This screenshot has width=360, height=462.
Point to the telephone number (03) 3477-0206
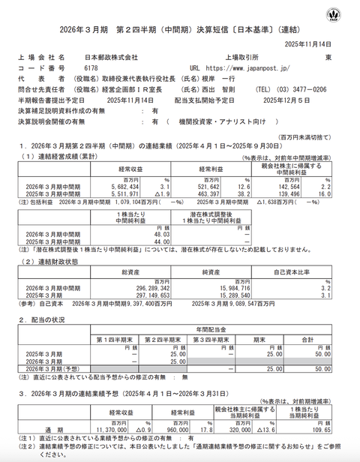[x=301, y=88]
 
